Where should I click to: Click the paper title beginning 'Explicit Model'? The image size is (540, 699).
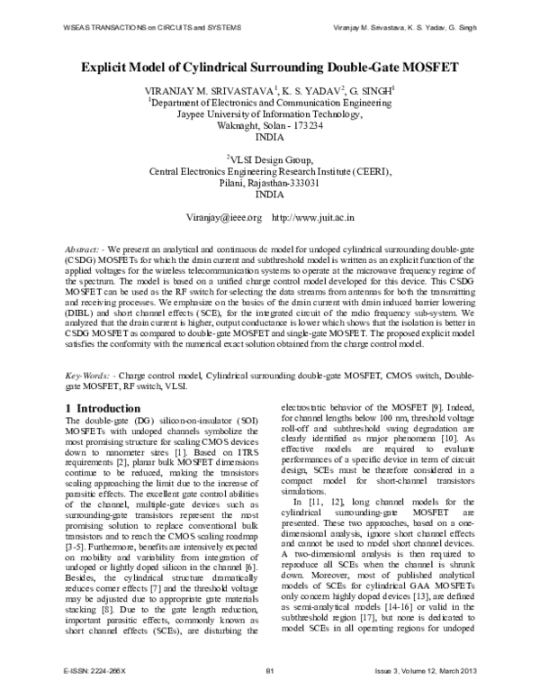point(270,68)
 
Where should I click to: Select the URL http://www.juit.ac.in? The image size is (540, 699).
point(313,218)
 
